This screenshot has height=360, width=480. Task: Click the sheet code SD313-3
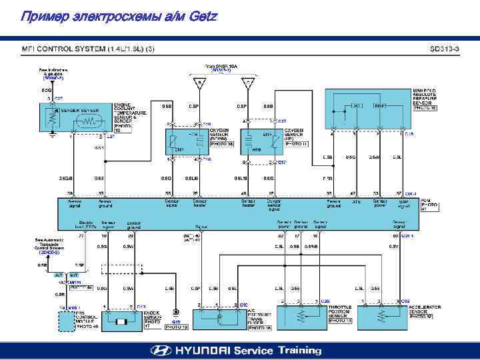[445, 49]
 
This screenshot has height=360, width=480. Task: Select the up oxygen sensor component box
[261, 141]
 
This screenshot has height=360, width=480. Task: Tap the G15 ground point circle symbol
[175, 311]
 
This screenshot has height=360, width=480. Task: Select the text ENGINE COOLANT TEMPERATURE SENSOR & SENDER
[130, 113]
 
